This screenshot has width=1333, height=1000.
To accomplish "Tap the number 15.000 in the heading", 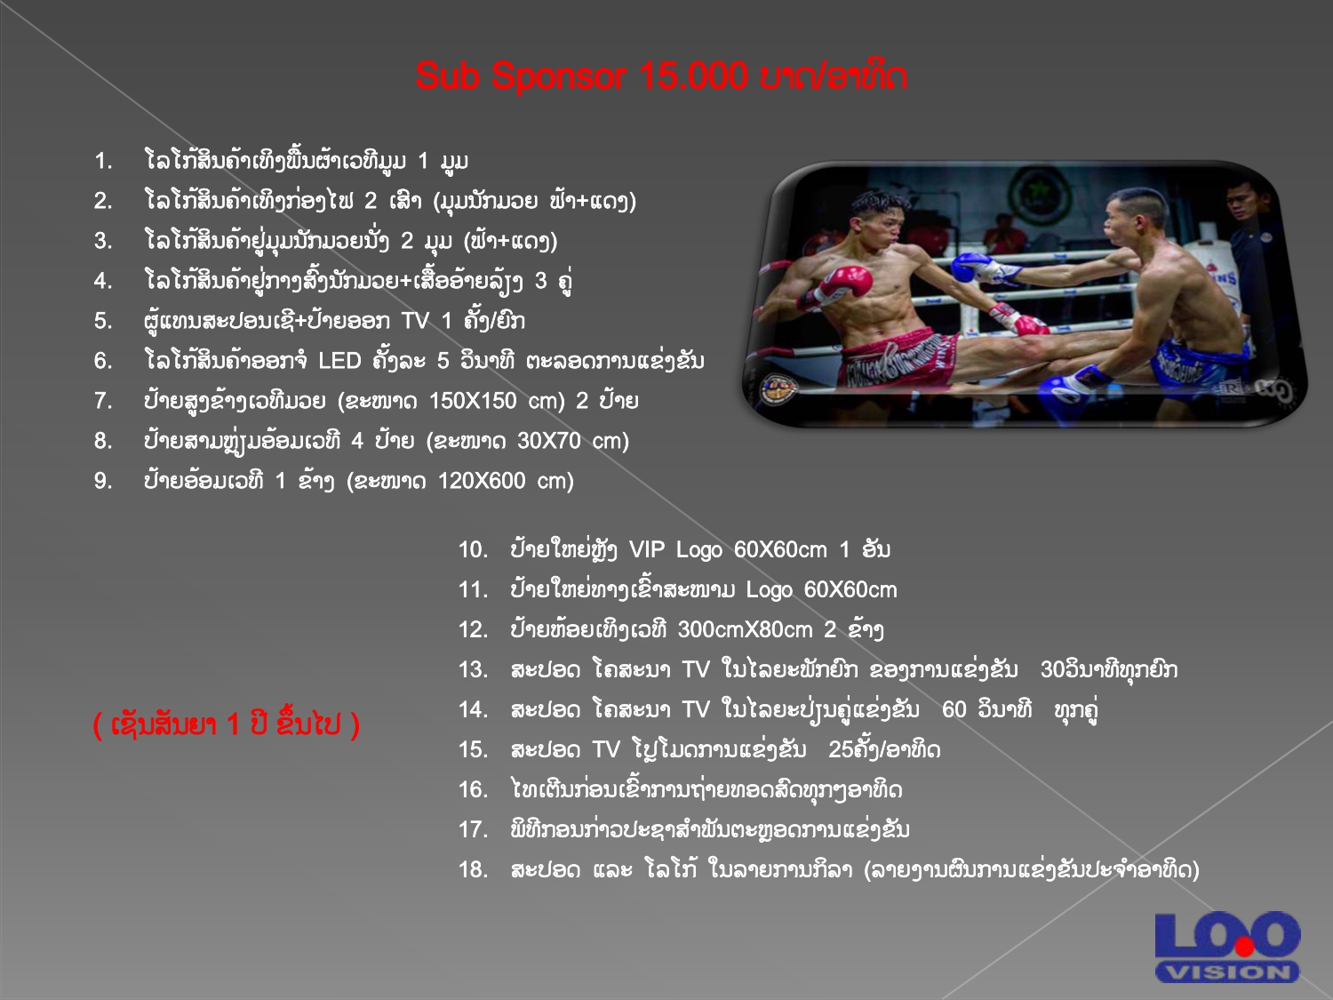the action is click(x=693, y=76).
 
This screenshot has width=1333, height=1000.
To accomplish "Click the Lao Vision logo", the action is click(x=1226, y=947).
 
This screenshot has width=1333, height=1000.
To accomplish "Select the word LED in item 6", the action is click(x=340, y=361).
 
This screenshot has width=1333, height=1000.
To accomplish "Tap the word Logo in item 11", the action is click(x=770, y=589).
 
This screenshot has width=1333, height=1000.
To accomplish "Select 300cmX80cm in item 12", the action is click(x=745, y=629).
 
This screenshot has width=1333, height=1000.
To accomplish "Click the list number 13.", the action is click(x=473, y=669).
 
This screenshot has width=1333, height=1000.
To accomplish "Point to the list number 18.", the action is click(x=473, y=869).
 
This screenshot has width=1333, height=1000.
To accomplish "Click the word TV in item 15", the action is click(x=606, y=750).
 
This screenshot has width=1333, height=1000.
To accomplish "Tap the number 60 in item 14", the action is click(x=954, y=709).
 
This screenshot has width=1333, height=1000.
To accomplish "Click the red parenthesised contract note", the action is click(x=227, y=724).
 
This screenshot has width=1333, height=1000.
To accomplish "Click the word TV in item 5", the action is click(x=415, y=321).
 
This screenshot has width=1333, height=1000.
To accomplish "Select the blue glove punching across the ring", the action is click(x=971, y=268).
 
